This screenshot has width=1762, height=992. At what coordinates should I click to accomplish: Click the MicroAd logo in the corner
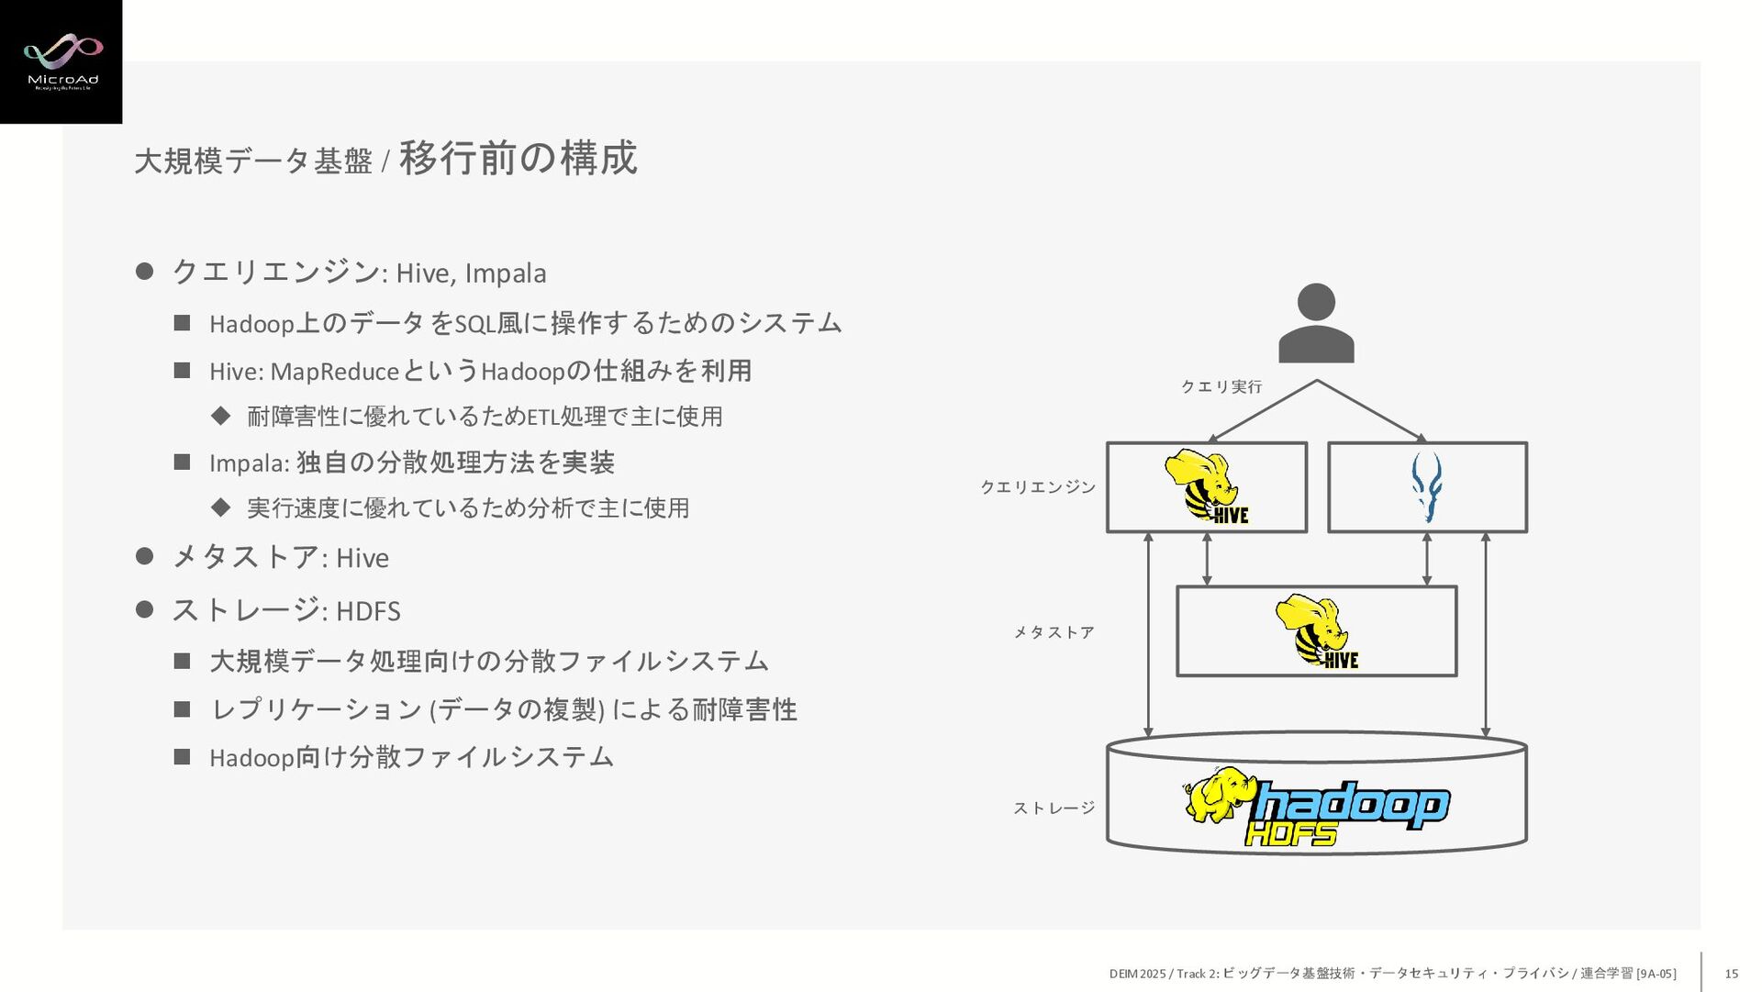click(x=61, y=61)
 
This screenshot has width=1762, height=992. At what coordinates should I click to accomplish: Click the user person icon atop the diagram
click(x=1316, y=323)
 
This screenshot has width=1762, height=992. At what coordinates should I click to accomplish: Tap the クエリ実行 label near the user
click(x=1221, y=387)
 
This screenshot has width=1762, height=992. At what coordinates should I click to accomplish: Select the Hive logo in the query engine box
click(x=1206, y=487)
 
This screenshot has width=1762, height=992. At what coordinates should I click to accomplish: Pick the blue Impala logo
click(x=1426, y=486)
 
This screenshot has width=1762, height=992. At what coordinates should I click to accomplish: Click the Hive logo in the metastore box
click(x=1316, y=631)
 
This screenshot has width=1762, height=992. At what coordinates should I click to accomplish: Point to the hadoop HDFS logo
click(x=1316, y=807)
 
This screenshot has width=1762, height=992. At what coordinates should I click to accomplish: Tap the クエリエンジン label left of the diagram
click(x=1038, y=487)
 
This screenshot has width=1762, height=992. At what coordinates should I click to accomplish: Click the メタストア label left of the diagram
click(x=1054, y=632)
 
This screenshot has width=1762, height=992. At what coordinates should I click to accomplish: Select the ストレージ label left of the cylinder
click(x=1054, y=808)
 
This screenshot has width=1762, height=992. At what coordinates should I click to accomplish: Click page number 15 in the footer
click(x=1731, y=974)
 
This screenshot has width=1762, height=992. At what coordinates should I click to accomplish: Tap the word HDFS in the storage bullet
click(x=368, y=611)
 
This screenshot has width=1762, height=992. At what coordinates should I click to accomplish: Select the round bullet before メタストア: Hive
click(x=144, y=556)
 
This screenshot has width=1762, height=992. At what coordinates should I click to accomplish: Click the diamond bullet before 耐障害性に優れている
click(x=220, y=416)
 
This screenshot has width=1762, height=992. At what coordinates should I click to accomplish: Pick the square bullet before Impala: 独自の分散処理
click(x=182, y=462)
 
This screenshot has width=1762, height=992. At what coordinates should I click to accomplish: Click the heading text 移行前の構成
click(x=518, y=158)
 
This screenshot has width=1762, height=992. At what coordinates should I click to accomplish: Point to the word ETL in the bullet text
click(x=542, y=417)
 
